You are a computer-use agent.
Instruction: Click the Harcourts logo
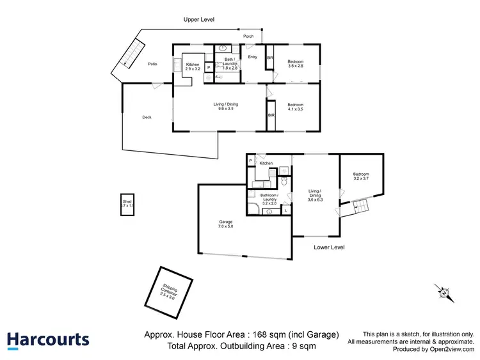click(49, 340)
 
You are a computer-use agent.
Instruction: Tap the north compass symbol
click(444, 292)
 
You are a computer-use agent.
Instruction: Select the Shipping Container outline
click(169, 292)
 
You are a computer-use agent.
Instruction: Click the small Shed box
click(128, 205)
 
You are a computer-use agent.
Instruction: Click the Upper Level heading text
click(199, 20)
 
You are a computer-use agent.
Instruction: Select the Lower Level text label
click(330, 247)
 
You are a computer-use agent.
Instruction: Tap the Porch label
click(248, 36)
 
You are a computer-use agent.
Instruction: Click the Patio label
click(152, 64)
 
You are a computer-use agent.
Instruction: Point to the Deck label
click(147, 117)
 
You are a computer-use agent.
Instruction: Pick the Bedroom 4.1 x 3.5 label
click(295, 107)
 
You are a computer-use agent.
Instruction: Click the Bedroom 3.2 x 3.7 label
click(361, 176)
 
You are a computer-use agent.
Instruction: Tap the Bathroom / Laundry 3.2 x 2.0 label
click(269, 198)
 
